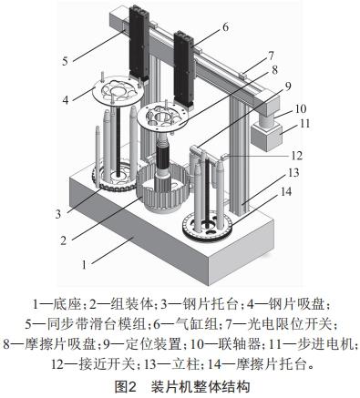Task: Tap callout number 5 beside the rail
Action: coord(66,61)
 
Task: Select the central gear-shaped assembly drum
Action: coord(163,195)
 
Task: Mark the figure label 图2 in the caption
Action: coord(126,386)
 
